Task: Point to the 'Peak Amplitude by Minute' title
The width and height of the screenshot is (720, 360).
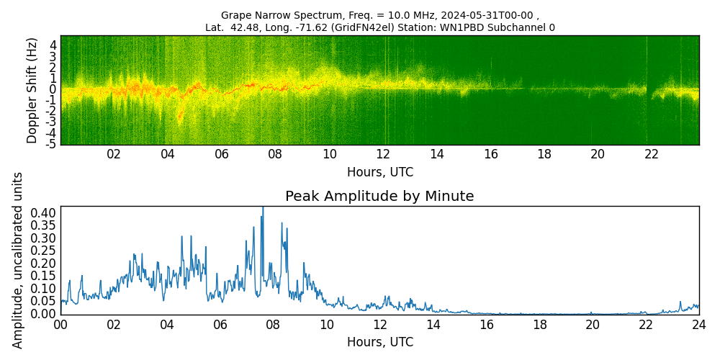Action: (379, 197)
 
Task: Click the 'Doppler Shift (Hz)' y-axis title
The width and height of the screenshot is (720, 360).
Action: (32, 90)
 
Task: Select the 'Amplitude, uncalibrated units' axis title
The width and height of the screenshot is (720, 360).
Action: (18, 260)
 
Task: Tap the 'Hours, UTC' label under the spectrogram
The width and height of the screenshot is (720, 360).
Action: (379, 172)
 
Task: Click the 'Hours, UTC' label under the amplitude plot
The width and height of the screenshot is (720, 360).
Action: (379, 342)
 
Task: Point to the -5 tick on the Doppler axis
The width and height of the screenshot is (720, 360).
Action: (52, 145)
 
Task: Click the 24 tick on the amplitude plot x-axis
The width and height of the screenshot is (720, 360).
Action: (698, 325)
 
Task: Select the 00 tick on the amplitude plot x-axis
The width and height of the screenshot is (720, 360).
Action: (60, 325)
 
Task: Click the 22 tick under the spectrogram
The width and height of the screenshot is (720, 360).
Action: (652, 154)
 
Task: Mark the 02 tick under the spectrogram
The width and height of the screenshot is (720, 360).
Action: (114, 154)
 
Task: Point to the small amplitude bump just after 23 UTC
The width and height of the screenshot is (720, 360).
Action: (680, 302)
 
